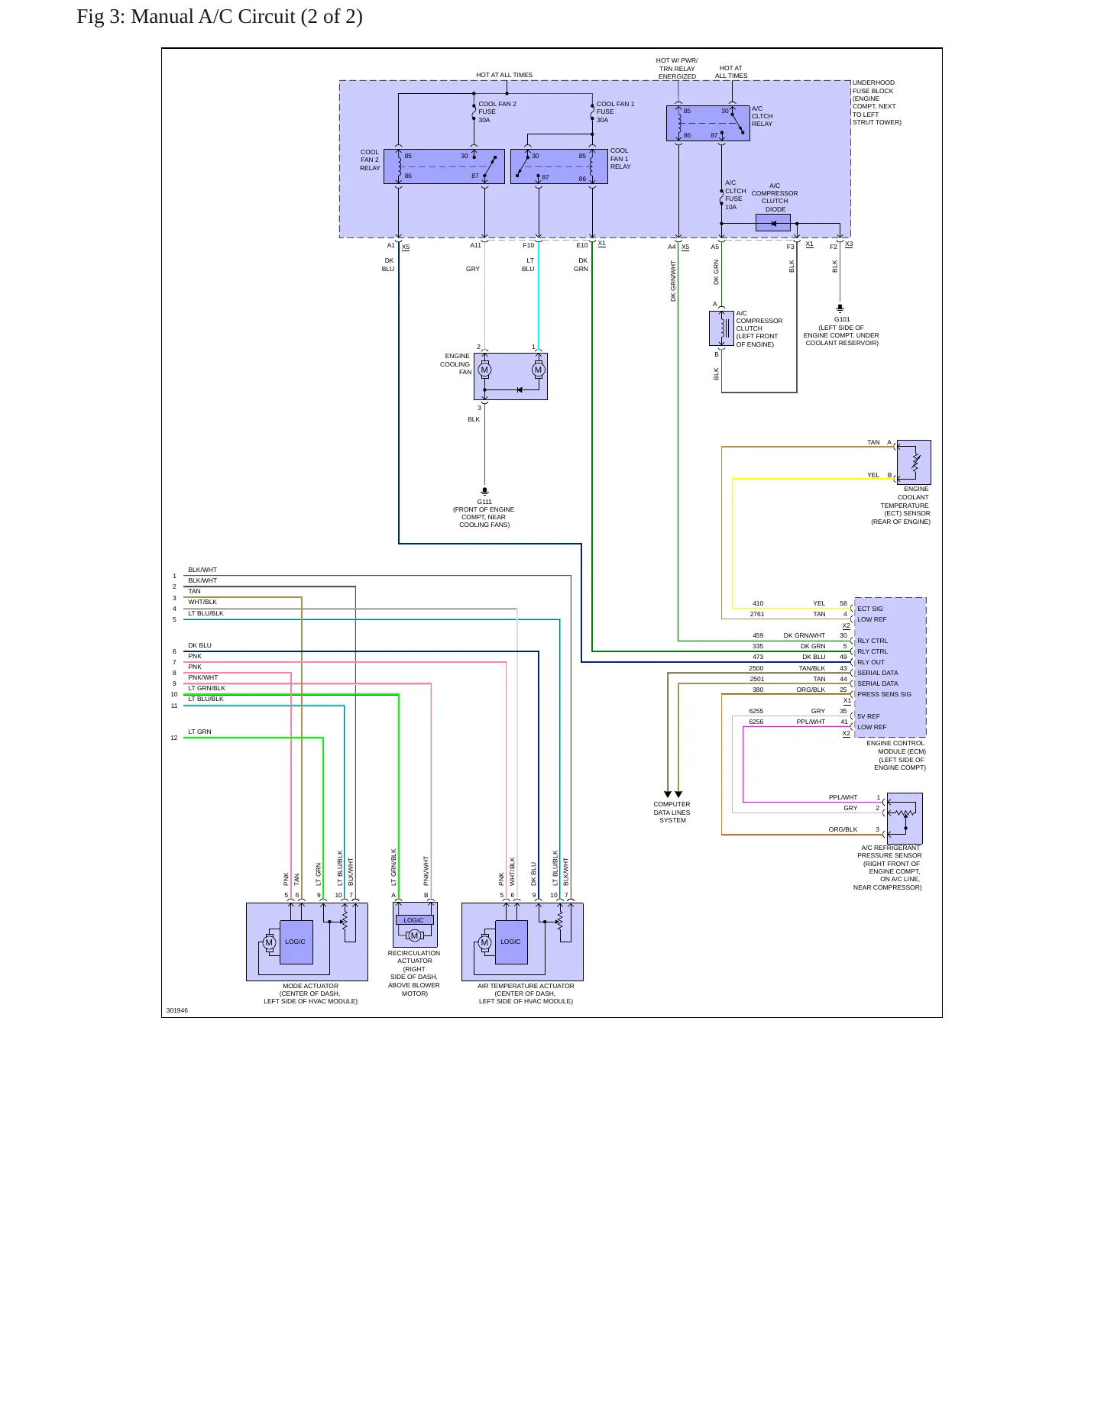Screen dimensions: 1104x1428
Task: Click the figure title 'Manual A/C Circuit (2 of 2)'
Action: [x=247, y=17]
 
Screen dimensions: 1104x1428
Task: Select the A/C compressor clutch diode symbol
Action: [x=773, y=223]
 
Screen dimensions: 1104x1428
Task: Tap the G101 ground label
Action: [x=842, y=319]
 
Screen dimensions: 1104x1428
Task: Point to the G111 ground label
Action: [x=484, y=502]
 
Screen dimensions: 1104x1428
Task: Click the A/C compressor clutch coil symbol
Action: [x=721, y=328]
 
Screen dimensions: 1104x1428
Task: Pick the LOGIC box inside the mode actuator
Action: [x=296, y=942]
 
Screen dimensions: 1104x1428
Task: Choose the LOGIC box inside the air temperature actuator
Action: [x=511, y=942]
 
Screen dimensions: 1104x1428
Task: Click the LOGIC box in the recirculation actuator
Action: [x=414, y=920]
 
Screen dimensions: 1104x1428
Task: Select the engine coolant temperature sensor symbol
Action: [x=914, y=462]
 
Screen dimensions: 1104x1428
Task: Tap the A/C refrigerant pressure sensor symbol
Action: [x=905, y=818]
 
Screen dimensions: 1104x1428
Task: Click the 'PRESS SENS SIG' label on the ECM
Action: [x=884, y=694]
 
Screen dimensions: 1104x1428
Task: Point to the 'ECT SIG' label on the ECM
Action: [x=869, y=609]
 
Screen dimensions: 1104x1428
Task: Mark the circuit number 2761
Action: [x=757, y=614]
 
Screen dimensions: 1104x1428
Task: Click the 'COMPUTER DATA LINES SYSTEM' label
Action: [x=672, y=813]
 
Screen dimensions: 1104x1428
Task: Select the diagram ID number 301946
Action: [x=177, y=1010]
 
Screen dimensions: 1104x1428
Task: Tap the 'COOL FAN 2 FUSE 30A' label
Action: [x=497, y=111]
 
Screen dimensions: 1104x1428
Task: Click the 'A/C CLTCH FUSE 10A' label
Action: [x=735, y=195]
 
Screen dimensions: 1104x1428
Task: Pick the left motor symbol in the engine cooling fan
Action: [x=484, y=370]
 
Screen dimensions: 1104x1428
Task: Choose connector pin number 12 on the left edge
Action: [x=174, y=738]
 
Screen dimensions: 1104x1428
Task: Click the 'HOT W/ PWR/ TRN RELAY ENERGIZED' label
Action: [x=677, y=69]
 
